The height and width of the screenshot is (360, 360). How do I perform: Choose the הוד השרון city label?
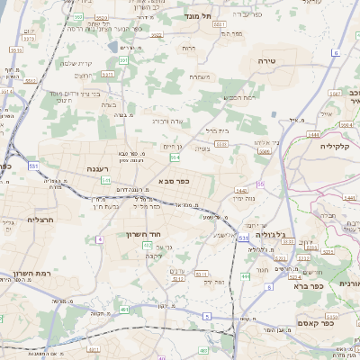(x=141, y=235)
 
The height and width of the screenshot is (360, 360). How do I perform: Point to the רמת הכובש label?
(x=240, y=97)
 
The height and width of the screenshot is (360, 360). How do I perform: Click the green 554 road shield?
(x=175, y=157)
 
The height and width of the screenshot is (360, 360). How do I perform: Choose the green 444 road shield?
(x=245, y=277)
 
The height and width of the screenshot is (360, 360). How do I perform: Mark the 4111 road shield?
(x=179, y=278)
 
